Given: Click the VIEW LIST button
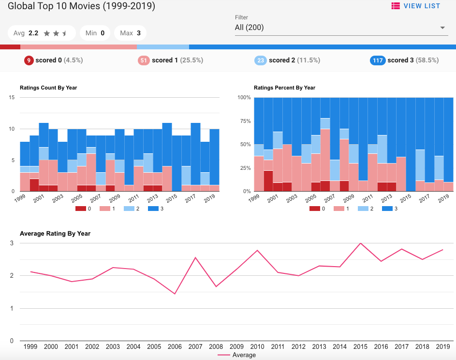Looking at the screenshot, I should click(x=416, y=6).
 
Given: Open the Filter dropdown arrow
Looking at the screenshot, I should click(x=442, y=28).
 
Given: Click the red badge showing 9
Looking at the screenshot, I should click(x=29, y=60).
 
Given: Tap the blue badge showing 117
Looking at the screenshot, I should click(x=377, y=60).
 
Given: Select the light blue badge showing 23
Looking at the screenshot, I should click(x=261, y=60).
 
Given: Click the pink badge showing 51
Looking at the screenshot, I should click(x=144, y=60).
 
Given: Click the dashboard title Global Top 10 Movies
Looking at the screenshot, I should click(x=81, y=7).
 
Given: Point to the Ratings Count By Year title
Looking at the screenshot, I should click(x=48, y=88).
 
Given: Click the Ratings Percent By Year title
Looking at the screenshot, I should click(x=284, y=88).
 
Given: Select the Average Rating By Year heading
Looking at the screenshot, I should click(x=55, y=234).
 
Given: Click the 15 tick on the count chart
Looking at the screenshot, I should click(x=12, y=98).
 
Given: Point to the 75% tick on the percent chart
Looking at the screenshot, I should click(x=244, y=121).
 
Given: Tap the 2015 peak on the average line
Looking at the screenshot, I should click(x=360, y=243).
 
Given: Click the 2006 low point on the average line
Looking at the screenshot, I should click(x=175, y=294).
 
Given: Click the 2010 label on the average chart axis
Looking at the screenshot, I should click(x=257, y=346).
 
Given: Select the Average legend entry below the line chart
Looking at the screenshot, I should click(x=237, y=355).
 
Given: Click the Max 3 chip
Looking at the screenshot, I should click(x=131, y=33).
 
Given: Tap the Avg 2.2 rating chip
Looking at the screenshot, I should click(x=42, y=33).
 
